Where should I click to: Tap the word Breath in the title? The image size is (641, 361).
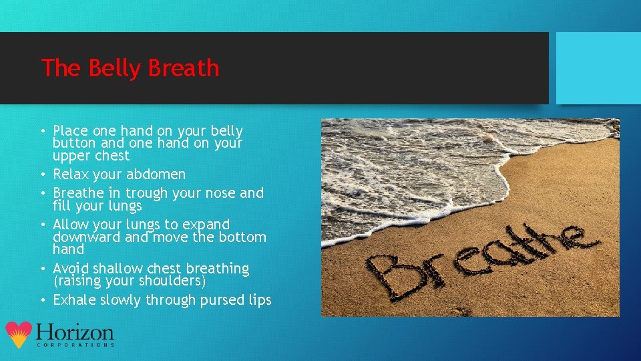pos(184,68)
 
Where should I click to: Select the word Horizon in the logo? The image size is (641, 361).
pos(75,332)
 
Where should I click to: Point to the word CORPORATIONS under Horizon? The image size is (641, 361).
pos(75,345)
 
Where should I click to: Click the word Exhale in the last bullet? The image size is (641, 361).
pos(74,300)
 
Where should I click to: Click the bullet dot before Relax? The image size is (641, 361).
pos(43,175)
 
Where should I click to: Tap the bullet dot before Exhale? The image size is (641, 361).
pos(43,301)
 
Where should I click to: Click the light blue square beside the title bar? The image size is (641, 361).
pos(598,68)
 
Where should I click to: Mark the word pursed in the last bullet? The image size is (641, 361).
pos(224,300)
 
